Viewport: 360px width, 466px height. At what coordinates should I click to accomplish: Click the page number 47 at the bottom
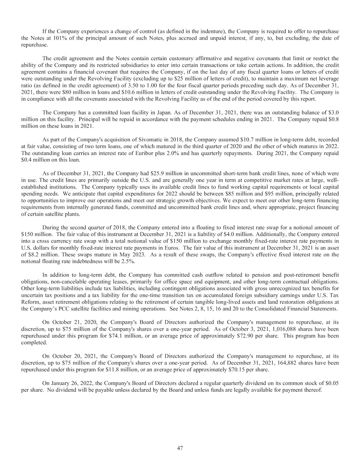[180, 448]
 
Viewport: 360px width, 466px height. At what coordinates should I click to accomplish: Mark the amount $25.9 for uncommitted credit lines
[162, 173]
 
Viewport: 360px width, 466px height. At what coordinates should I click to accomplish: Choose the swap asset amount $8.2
[35, 255]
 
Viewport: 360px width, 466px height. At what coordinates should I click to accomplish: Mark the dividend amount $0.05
[333, 383]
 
